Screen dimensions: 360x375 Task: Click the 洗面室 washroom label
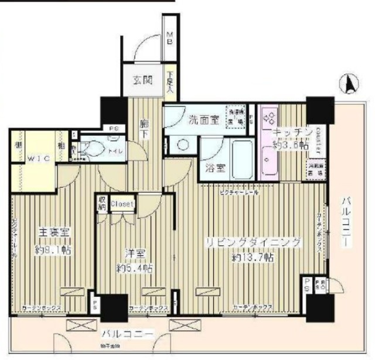click(203, 120)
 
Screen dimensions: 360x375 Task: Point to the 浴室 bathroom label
click(215, 169)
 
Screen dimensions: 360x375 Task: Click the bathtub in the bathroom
click(241, 159)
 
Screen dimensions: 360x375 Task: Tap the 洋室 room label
click(135, 254)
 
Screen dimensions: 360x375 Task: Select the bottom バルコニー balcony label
click(127, 335)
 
